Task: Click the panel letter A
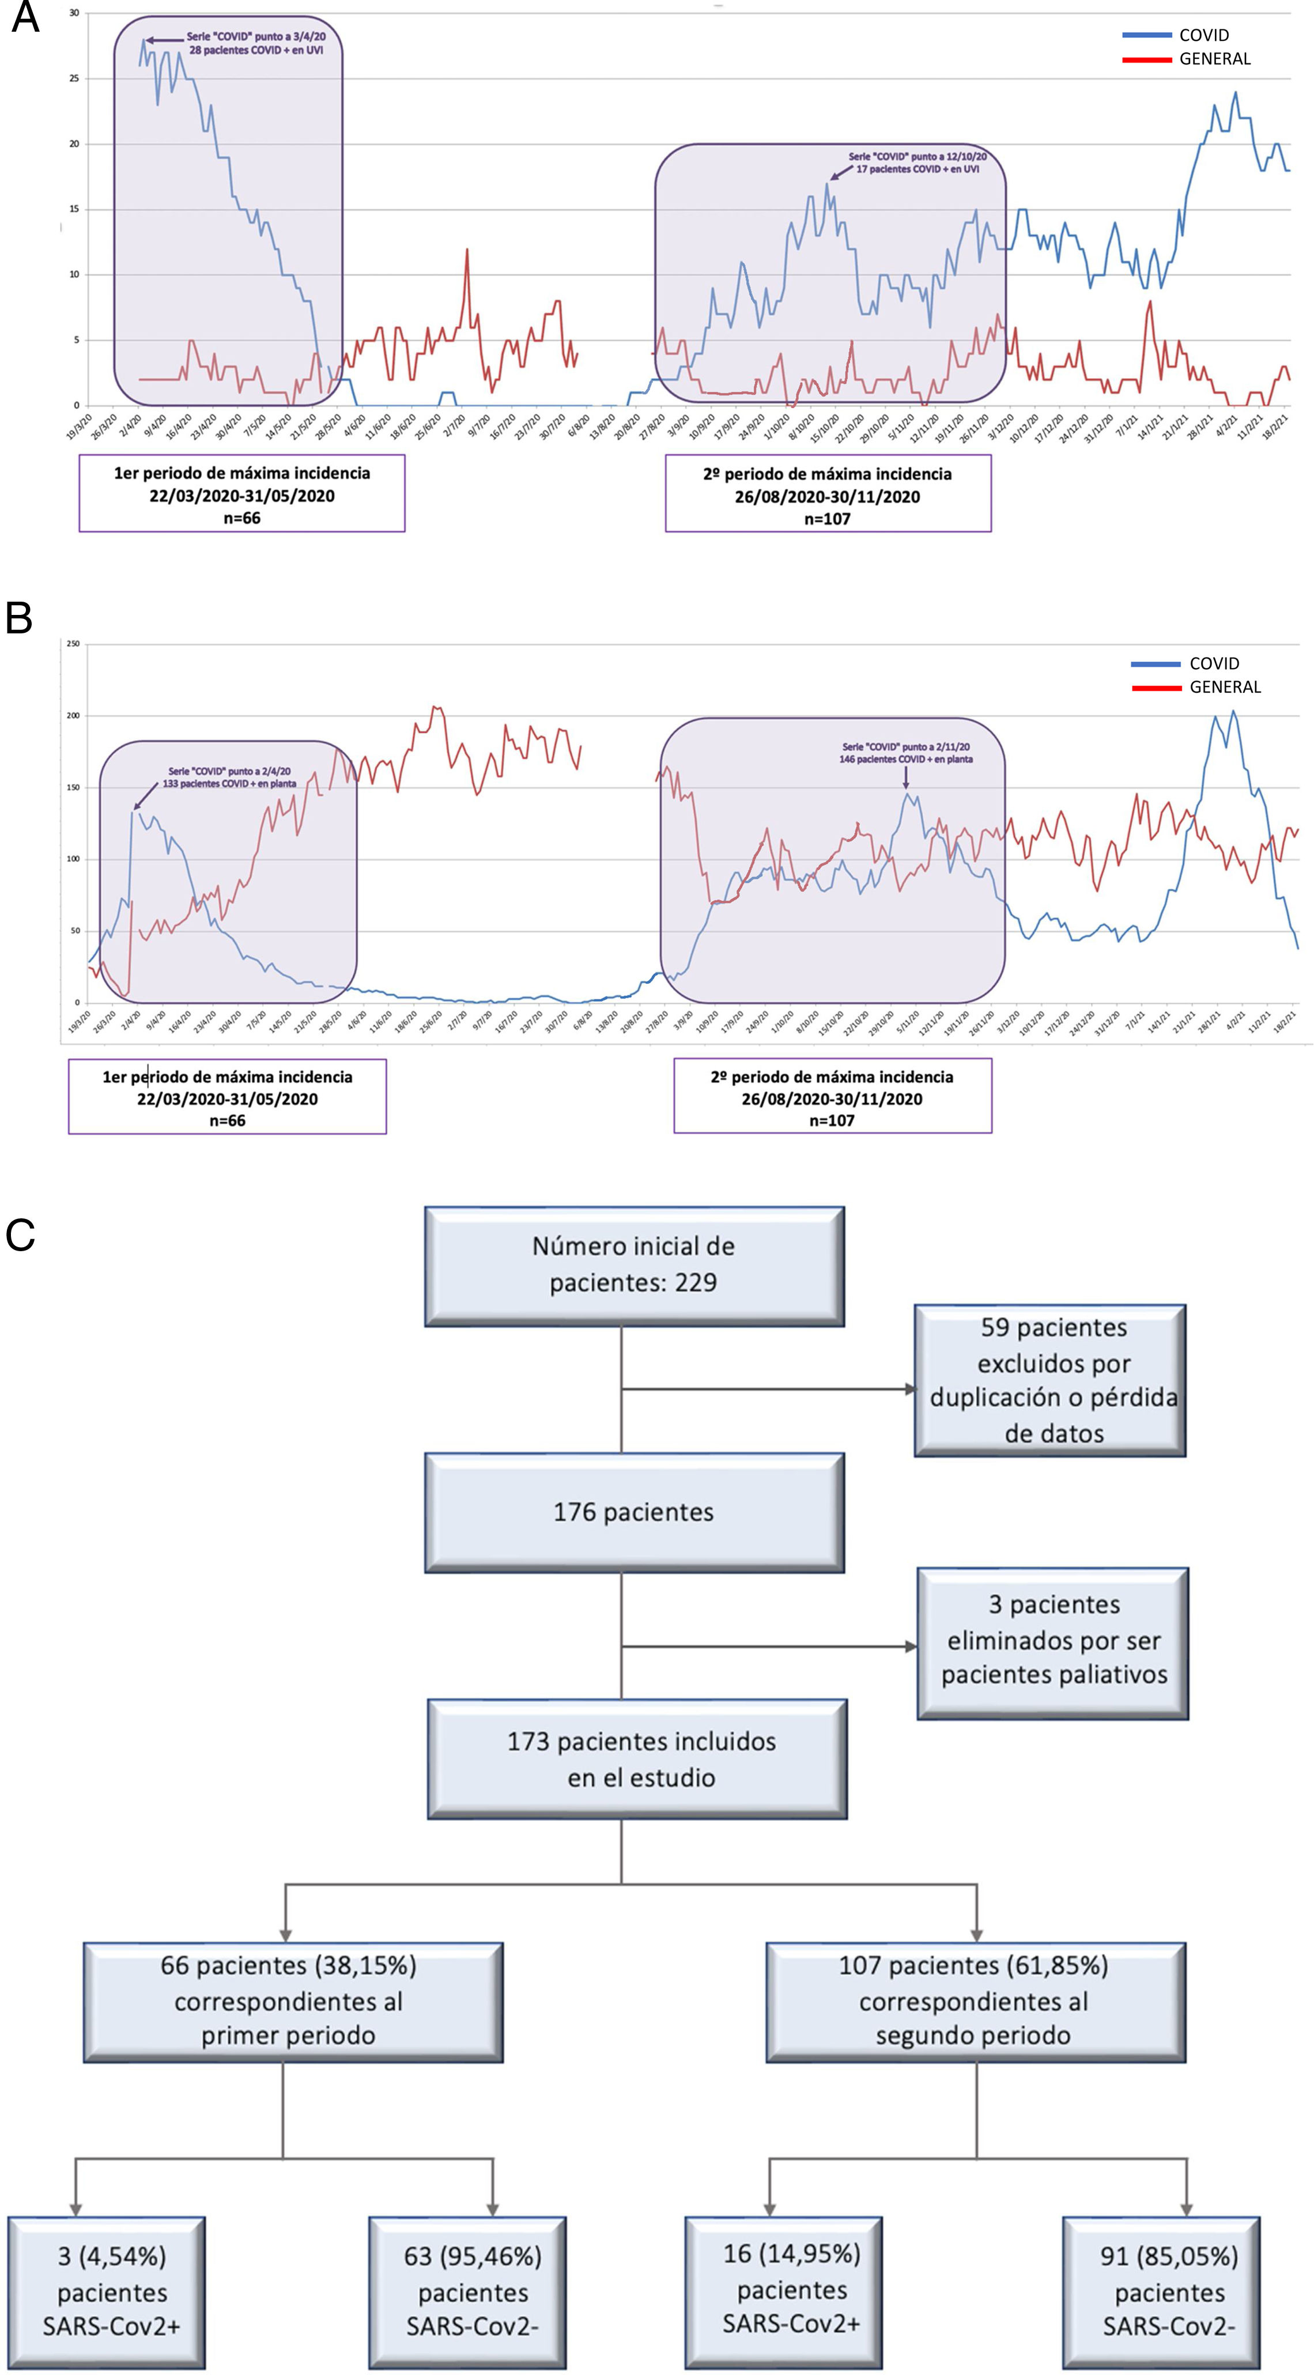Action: tap(25, 17)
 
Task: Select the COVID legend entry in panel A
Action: tap(1203, 35)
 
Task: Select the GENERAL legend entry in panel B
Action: tap(1225, 687)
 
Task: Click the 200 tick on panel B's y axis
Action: tap(73, 715)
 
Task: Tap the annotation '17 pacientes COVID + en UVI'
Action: tap(917, 169)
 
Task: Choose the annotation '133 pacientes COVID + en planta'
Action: tap(229, 784)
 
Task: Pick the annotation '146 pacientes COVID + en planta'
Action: tap(905, 759)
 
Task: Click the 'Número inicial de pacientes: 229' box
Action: tap(633, 1266)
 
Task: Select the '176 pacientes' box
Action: tap(633, 1512)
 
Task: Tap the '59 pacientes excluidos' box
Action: tap(1050, 1380)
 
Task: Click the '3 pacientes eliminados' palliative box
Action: tap(1052, 1643)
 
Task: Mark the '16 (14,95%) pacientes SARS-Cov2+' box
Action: tap(784, 2290)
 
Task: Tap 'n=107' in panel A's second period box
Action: tap(827, 519)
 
